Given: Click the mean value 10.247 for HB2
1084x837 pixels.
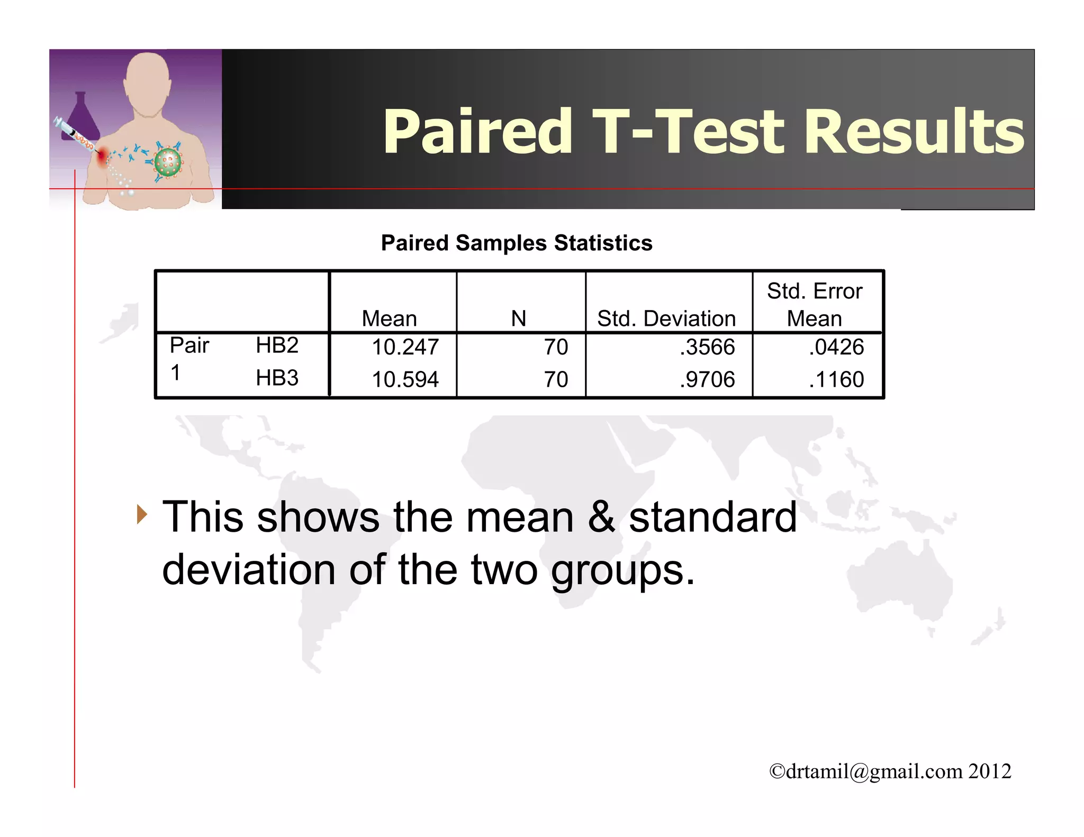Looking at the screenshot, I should coord(405,347).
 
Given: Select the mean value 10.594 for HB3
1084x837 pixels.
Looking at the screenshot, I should coord(405,379).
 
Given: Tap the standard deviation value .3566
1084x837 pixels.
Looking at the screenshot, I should coord(707,347).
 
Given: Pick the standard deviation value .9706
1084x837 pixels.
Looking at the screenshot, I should coord(707,379).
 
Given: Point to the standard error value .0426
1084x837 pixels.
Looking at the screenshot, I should coord(836,347).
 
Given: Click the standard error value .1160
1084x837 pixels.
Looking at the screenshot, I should coord(836,379).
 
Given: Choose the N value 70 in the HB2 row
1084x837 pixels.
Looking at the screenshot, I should coord(556,347).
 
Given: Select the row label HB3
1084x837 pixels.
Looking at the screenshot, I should coord(277,378).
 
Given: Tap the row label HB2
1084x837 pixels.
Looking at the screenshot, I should coord(277,345).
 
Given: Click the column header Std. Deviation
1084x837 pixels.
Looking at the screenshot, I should coord(666,319).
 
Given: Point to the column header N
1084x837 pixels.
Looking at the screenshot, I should coord(518,319).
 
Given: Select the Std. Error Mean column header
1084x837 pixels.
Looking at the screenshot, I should coord(815,305).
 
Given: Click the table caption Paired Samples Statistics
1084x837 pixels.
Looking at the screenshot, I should coord(517,243).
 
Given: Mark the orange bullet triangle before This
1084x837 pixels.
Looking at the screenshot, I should coord(141,514).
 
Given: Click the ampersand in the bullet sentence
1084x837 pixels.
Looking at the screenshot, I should coord(601,517).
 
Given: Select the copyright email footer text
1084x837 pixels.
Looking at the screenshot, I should coord(890,771).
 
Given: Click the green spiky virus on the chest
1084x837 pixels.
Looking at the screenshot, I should coord(168,162).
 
